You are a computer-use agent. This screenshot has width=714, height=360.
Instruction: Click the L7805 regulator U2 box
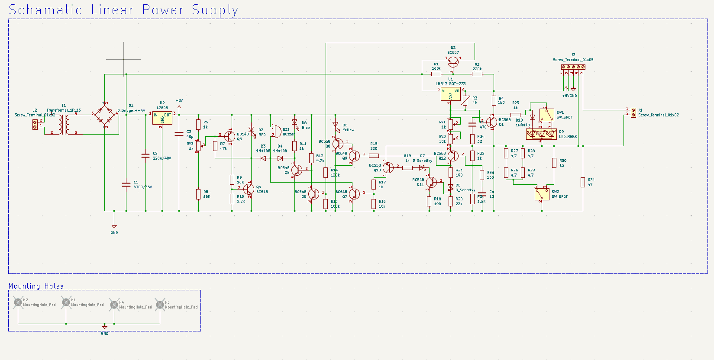162,118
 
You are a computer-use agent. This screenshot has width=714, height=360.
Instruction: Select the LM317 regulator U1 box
450,94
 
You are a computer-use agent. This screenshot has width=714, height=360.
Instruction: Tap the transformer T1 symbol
64,124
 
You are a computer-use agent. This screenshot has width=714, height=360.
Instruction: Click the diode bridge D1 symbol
105,116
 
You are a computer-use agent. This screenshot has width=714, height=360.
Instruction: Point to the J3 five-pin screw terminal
573,67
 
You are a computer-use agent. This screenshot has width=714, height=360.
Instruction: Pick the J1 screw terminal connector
633,112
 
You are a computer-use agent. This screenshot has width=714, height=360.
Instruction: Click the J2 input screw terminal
35,124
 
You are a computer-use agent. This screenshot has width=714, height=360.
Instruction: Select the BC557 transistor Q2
453,62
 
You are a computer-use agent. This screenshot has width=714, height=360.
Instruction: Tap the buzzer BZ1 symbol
276,132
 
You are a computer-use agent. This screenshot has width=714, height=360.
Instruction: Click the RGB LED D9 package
541,134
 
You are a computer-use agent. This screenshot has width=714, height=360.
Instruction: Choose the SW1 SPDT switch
546,116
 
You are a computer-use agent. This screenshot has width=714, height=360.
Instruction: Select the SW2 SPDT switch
542,193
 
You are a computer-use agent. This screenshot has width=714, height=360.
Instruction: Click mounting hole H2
18,302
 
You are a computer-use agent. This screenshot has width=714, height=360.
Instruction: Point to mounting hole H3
160,305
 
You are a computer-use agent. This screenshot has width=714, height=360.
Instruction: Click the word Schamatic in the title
45,10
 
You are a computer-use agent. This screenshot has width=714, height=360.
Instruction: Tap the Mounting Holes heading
36,286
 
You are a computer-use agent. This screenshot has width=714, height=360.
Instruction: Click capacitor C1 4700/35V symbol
126,184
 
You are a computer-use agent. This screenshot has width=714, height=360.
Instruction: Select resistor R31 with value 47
583,182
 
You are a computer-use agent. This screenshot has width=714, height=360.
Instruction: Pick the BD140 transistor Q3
230,137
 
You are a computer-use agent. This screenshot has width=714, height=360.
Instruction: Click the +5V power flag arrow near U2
179,106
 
